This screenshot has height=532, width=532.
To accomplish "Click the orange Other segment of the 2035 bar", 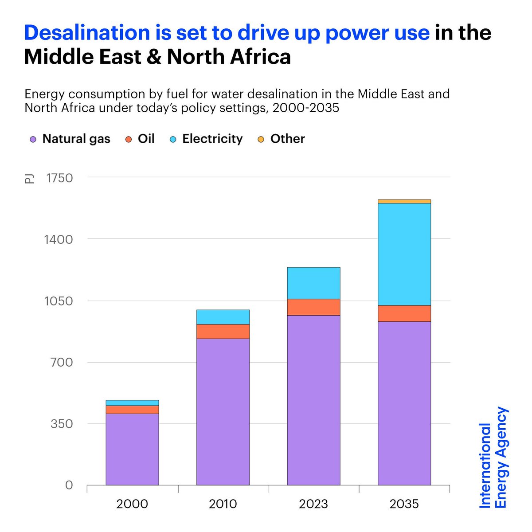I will coord(404,201).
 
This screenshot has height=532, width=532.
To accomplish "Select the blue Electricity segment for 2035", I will coord(404,254).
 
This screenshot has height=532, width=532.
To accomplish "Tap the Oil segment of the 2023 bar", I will coord(313,307).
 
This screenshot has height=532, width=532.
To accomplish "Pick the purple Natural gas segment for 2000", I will coord(132,449).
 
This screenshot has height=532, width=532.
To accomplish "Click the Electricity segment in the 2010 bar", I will coord(223,317).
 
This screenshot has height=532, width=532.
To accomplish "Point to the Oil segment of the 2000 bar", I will coord(132,410).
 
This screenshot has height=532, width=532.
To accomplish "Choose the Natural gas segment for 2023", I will coord(313,399).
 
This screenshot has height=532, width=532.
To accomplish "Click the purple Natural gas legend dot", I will coord(33,139).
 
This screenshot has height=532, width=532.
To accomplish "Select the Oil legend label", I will coord(146,139).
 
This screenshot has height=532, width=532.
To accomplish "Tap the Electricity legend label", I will coord(212,139).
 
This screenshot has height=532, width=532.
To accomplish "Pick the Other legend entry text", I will coord(287,139).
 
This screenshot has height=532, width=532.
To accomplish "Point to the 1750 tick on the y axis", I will coord(59,178).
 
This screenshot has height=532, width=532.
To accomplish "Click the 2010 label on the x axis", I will coord(223,504).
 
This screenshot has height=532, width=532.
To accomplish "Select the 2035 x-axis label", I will coord(404,504).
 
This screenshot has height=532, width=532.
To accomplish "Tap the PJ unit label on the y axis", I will coord(29,179).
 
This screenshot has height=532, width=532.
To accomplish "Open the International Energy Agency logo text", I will coord(493,458).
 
